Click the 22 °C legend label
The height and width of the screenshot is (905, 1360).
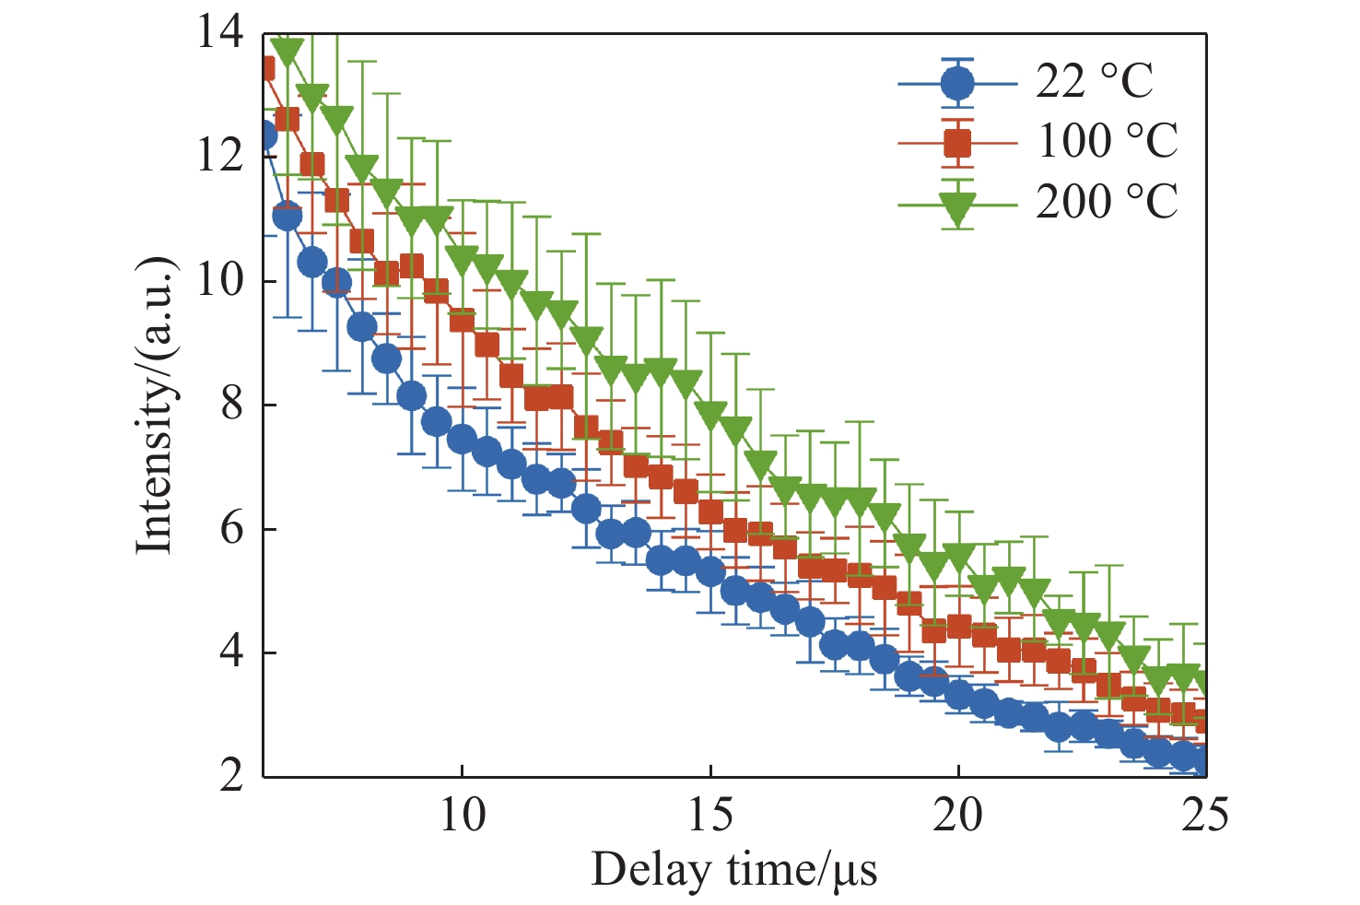point(1094,82)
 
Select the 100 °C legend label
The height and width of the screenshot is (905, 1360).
point(1107,141)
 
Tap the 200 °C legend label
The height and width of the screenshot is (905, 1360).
point(1107,201)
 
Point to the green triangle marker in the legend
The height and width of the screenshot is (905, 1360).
point(958,207)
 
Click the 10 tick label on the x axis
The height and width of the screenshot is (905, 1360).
point(462,816)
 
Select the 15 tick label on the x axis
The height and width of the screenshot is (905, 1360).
point(710,816)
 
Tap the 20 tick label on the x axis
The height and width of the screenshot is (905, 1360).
point(958,816)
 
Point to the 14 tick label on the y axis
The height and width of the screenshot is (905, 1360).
point(220,33)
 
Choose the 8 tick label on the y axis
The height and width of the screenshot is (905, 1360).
point(232,405)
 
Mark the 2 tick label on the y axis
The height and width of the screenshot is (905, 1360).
point(232,776)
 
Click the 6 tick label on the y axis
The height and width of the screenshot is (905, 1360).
point(232,529)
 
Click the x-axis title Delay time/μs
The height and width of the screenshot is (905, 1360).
point(733,870)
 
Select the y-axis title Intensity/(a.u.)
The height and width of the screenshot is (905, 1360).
point(155,405)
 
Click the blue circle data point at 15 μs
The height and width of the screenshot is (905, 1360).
point(710,572)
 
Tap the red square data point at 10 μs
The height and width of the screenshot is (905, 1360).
point(462,320)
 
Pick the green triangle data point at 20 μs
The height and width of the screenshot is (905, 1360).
point(958,558)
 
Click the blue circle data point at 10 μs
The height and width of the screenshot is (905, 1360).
point(462,439)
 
